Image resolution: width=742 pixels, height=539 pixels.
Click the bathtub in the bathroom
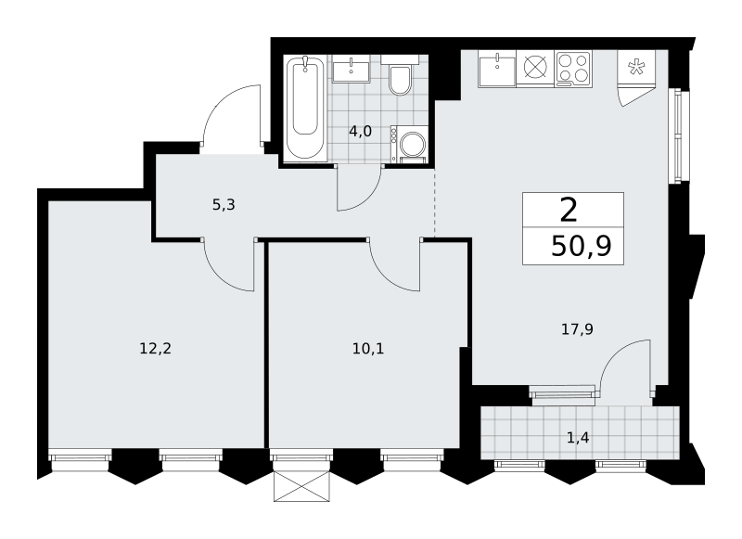(x=305, y=108)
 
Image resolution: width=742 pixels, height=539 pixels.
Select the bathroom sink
(x=352, y=69)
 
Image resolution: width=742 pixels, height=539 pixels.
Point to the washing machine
(x=409, y=144)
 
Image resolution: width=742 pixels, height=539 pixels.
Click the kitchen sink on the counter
(x=497, y=69)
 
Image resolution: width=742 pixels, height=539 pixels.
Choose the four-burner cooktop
(x=573, y=69)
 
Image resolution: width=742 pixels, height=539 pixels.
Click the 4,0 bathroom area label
(x=360, y=132)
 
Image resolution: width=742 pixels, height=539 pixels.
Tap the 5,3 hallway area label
(x=224, y=205)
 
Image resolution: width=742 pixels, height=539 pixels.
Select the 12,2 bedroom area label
(x=155, y=349)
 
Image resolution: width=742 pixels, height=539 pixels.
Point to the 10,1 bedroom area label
(x=368, y=349)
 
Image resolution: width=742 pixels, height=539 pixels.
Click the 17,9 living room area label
(x=577, y=329)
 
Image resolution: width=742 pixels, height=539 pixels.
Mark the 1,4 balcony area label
(x=578, y=438)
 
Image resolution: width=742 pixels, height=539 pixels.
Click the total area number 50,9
(x=582, y=246)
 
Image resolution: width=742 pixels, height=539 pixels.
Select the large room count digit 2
(x=569, y=211)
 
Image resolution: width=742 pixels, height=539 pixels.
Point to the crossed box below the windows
(x=301, y=486)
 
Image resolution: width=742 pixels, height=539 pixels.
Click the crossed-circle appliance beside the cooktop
(x=535, y=69)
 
